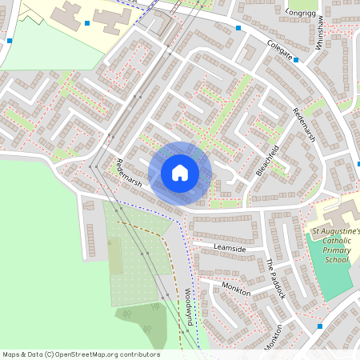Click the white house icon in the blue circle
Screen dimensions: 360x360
[x=180, y=172]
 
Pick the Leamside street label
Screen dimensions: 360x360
[x=230, y=248]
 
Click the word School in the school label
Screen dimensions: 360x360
[x=337, y=259]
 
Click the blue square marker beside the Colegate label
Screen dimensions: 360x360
[x=296, y=59]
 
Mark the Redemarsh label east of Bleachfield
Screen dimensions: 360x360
[x=304, y=126]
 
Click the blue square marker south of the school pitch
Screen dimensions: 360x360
[x=319, y=326]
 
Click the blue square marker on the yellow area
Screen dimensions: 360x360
[x=86, y=23]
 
